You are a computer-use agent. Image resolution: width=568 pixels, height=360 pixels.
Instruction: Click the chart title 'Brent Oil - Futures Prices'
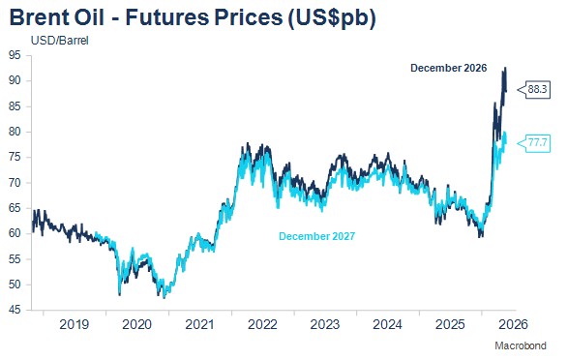point(146,17)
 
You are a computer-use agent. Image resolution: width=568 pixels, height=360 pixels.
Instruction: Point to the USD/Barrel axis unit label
point(60,41)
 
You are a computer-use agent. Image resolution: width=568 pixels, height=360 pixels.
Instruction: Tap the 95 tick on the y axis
point(15,55)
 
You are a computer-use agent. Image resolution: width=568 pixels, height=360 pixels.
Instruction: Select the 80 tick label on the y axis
point(15,132)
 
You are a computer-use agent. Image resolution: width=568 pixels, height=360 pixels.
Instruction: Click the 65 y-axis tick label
point(15,208)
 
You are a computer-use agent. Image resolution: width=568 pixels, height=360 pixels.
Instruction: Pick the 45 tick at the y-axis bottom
point(15,310)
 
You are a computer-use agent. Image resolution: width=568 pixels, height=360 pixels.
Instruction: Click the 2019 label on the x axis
point(74,324)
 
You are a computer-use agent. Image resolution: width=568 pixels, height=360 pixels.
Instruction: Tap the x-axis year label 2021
point(199,324)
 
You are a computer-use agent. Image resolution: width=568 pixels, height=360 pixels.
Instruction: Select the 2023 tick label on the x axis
point(325,324)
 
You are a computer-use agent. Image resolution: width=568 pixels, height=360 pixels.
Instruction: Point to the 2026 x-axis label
point(513,324)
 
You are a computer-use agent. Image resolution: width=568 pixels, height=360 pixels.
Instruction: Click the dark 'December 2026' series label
point(448,68)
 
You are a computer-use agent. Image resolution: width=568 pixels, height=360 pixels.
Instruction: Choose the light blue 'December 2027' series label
point(317,236)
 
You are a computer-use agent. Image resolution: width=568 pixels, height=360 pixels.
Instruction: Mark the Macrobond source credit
point(521,345)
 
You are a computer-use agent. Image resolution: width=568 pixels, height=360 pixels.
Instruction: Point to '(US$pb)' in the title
point(331,18)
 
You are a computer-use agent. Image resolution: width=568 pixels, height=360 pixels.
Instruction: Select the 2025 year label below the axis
point(450,324)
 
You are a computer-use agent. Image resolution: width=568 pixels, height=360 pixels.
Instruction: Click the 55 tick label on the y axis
point(15,259)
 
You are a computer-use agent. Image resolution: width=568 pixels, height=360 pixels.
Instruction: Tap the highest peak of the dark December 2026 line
point(506,68)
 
